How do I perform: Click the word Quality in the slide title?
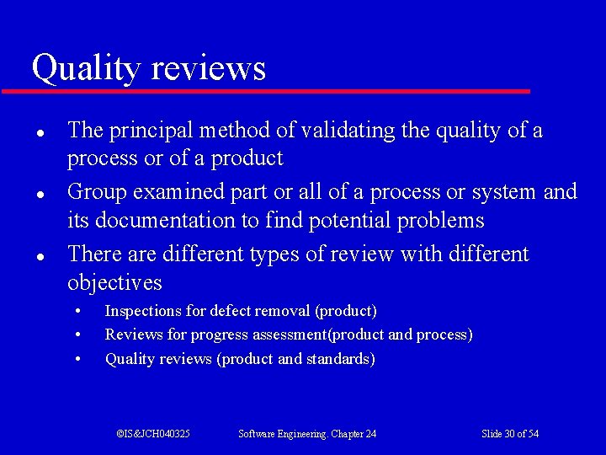pos(82,68)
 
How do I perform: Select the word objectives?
pos(114,282)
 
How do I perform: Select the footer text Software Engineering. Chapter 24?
pos(307,434)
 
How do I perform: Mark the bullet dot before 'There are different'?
pos(40,255)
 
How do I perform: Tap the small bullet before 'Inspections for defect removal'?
pos(77,311)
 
